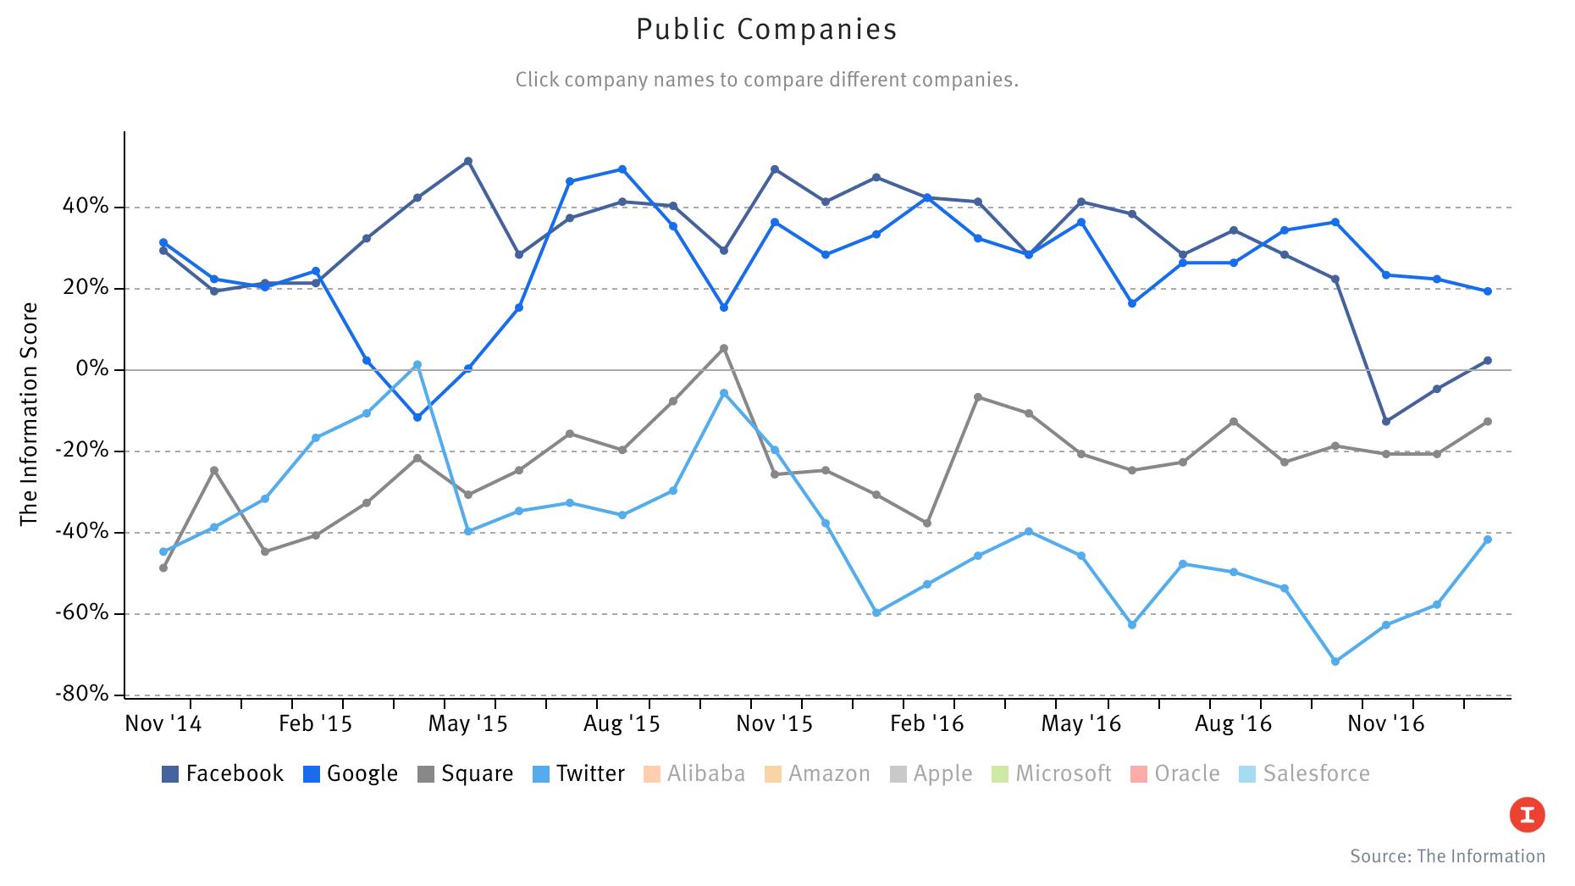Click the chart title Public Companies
pos(766,30)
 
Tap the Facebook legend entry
pos(224,773)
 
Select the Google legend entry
pos(351,773)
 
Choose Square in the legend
pos(466,773)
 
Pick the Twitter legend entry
pos(579,773)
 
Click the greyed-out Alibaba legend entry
pos(695,773)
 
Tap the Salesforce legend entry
pos(1304,773)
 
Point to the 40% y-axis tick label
pos(85,207)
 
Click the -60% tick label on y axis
pos(82,612)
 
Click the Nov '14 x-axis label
pos(163,723)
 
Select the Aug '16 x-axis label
pos(1233,723)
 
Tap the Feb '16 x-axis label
pos(927,723)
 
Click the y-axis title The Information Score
pos(30,413)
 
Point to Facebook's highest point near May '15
pos(468,161)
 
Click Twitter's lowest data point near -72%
pos(1335,662)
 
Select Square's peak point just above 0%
pos(723,348)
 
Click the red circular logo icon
pos(1527,815)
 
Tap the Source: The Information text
pos(1447,856)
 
